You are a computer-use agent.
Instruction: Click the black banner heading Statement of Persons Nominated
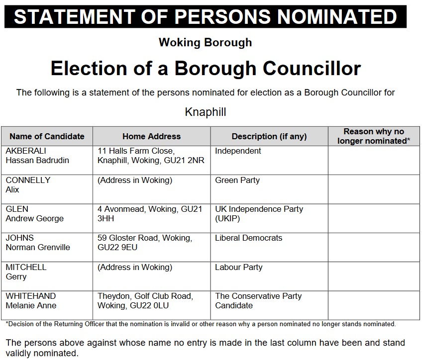tap(205, 16)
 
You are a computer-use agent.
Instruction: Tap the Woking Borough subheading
tap(205, 43)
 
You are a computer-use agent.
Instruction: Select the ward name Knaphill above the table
tap(205, 112)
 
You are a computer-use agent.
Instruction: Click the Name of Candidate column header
tap(47, 136)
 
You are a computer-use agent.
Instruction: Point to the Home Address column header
tap(151, 136)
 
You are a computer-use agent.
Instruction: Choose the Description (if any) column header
tap(269, 136)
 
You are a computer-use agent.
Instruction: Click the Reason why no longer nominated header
tap(374, 136)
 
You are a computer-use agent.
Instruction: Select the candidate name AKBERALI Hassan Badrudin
tap(37, 156)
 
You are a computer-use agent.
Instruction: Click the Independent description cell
tap(238, 151)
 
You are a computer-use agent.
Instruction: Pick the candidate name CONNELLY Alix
tap(28, 184)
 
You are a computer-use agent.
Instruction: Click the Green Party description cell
tap(237, 180)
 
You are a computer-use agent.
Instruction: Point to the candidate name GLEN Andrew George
tap(34, 214)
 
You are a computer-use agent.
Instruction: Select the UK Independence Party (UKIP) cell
tap(259, 214)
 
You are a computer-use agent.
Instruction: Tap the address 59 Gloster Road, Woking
tap(144, 243)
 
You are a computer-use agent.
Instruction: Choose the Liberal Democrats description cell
tap(248, 238)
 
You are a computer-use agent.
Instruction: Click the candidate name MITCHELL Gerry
tap(26, 271)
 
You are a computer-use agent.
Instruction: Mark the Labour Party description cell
tap(238, 267)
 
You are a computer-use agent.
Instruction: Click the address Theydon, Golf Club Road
tap(145, 301)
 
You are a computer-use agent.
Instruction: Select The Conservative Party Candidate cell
tap(258, 301)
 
